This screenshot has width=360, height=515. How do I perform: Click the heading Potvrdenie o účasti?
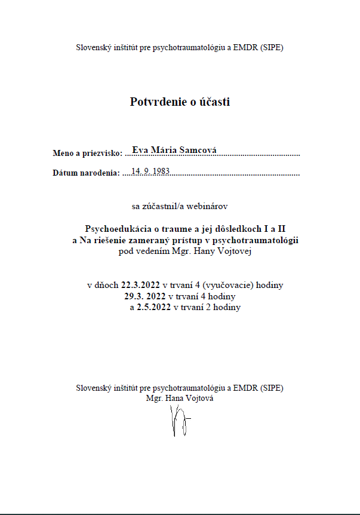tap(180, 102)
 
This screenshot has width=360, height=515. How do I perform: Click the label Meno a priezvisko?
tap(87, 154)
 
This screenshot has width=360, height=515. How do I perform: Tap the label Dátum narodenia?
tap(87, 174)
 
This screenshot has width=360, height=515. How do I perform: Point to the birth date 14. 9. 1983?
tap(150, 171)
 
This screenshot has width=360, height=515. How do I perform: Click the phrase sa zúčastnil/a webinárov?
tap(180, 206)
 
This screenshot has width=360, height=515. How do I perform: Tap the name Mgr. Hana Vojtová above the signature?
tap(180, 397)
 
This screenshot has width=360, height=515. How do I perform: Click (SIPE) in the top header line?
tap(272, 47)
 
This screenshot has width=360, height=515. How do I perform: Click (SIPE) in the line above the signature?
tap(272, 387)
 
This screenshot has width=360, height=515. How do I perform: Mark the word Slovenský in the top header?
tap(93, 47)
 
